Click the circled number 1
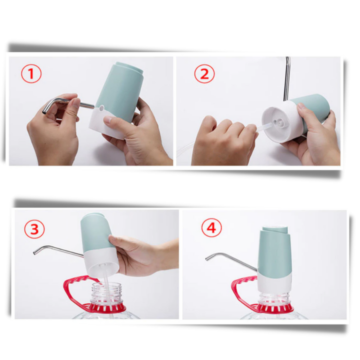tap(31, 74)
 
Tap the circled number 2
tap(204, 74)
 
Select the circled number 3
tap(34, 229)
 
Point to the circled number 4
tap(211, 228)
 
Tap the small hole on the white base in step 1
tap(101, 107)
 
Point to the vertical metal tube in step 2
tap(287, 79)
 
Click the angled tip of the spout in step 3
tap(35, 252)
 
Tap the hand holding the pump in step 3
tap(142, 255)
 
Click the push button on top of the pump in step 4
tap(275, 229)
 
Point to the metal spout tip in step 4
tap(207, 259)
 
